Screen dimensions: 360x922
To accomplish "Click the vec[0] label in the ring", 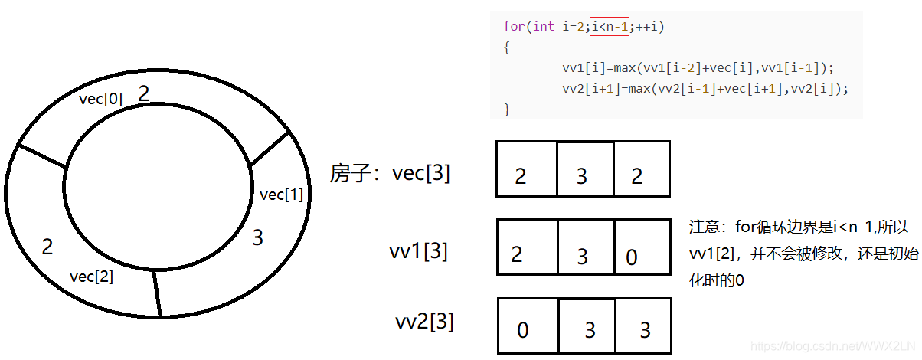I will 101,99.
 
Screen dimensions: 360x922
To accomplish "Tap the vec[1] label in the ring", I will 282,195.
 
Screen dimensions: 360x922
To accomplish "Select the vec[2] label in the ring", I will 91,277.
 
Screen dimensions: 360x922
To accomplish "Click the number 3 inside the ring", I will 258,238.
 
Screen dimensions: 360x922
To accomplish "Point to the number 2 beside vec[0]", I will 143,93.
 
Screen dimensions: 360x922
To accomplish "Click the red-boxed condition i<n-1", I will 610,27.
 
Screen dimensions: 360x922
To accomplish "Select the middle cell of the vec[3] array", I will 585,169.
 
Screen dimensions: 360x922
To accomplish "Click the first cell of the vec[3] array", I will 526,169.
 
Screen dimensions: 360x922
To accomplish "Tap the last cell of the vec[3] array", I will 642,169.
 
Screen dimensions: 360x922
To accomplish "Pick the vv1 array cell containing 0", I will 642,247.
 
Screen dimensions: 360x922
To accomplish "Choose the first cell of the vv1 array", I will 527,247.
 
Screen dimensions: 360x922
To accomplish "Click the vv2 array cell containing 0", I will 528,326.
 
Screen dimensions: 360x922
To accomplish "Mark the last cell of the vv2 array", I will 643,326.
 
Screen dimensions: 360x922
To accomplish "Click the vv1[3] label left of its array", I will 418,250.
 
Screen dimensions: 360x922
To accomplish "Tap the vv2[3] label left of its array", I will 424,322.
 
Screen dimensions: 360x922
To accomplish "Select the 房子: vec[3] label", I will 390,173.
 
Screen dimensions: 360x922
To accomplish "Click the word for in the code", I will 512,27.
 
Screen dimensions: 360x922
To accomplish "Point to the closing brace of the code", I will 506,109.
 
